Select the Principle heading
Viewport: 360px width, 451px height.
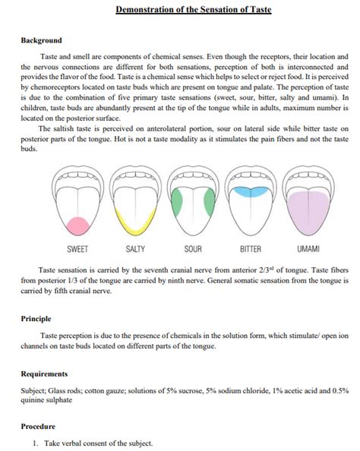pyautogui.click(x=36, y=319)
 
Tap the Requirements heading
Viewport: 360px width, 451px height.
pyautogui.click(x=45, y=374)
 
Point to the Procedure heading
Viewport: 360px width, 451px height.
pyautogui.click(x=39, y=426)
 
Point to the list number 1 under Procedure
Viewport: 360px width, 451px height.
pyautogui.click(x=34, y=443)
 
